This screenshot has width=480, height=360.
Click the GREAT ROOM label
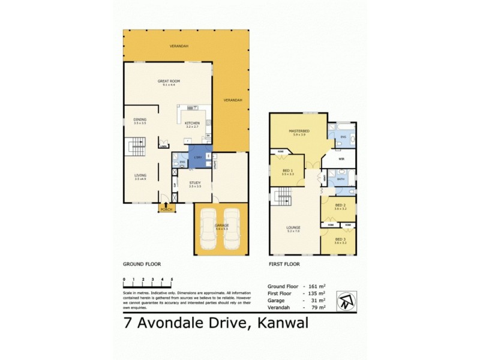(x=169, y=81)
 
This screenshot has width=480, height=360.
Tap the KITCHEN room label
(x=192, y=123)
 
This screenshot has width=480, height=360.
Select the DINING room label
(x=140, y=119)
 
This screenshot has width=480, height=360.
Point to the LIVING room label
(x=140, y=175)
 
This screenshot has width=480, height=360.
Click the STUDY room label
(x=194, y=182)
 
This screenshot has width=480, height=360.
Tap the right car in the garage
(x=233, y=228)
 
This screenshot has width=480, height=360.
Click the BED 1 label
(x=287, y=170)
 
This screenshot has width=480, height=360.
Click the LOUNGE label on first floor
(x=293, y=227)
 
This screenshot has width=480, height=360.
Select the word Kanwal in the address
(x=283, y=325)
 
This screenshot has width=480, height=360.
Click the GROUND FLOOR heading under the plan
(x=142, y=264)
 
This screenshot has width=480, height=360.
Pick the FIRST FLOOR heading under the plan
(x=285, y=264)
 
